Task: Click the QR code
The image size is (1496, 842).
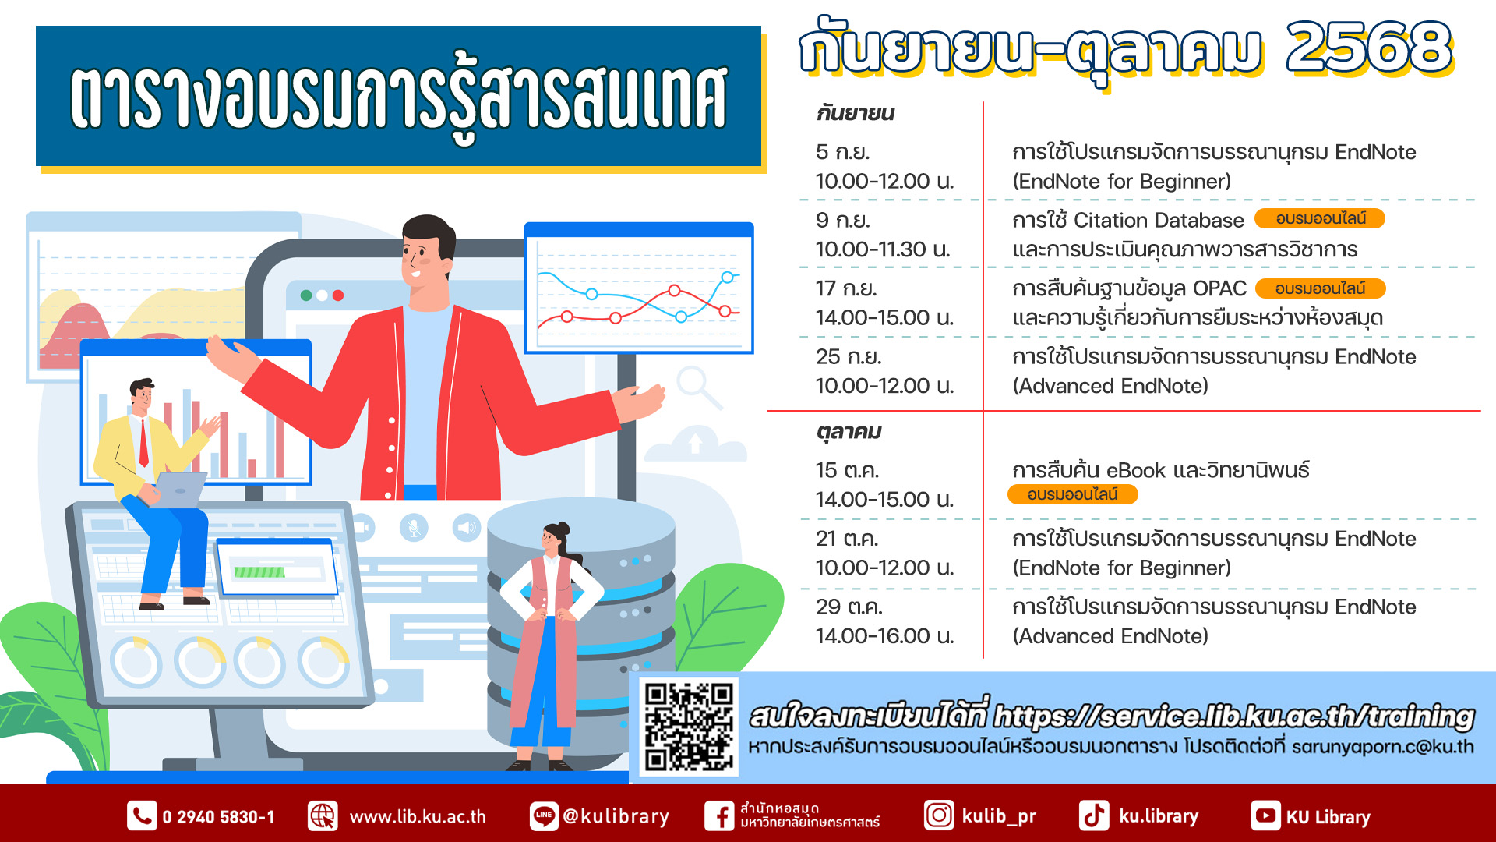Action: pyautogui.click(x=689, y=727)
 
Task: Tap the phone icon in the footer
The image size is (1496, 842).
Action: pyautogui.click(x=142, y=816)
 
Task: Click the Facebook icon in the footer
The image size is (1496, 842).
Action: pyautogui.click(x=719, y=816)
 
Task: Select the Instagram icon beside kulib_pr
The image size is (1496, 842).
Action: pyautogui.click(x=939, y=815)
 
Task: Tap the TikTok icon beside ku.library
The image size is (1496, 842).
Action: pyautogui.click(x=1094, y=815)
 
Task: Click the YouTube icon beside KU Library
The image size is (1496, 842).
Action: pyautogui.click(x=1265, y=816)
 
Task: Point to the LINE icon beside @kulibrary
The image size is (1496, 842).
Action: pyautogui.click(x=544, y=816)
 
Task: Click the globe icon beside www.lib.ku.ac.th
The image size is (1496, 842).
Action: pyautogui.click(x=323, y=816)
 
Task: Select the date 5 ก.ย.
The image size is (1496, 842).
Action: pyautogui.click(x=843, y=151)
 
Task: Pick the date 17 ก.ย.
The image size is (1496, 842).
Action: pyautogui.click(x=846, y=288)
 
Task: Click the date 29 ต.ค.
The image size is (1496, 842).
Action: pyautogui.click(x=849, y=607)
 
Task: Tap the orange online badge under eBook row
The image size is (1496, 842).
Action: pyautogui.click(x=1073, y=494)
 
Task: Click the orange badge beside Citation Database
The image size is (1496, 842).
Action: pyautogui.click(x=1320, y=218)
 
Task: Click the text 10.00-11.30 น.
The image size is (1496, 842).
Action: pyautogui.click(x=884, y=249)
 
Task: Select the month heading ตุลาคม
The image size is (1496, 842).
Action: pyautogui.click(x=849, y=432)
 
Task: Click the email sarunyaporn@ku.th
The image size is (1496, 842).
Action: pyautogui.click(x=1383, y=746)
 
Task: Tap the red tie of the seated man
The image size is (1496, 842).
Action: pyautogui.click(x=143, y=442)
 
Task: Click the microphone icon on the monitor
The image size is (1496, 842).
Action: pyautogui.click(x=414, y=528)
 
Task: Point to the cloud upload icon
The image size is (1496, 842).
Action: pyautogui.click(x=696, y=443)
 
